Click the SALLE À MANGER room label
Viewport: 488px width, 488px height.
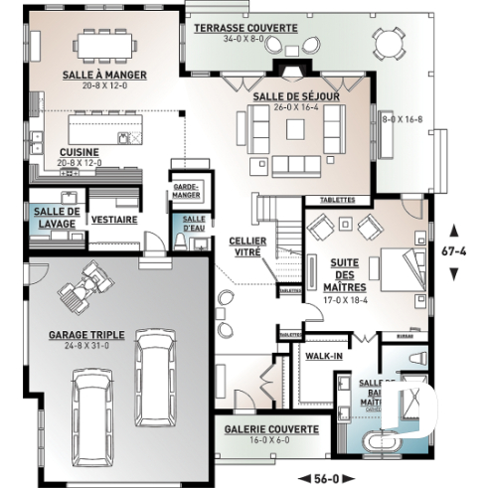[103, 75]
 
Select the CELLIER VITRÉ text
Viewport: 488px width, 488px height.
[245, 246]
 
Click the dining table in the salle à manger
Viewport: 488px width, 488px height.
[104, 45]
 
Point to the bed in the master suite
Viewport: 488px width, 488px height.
[400, 264]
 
